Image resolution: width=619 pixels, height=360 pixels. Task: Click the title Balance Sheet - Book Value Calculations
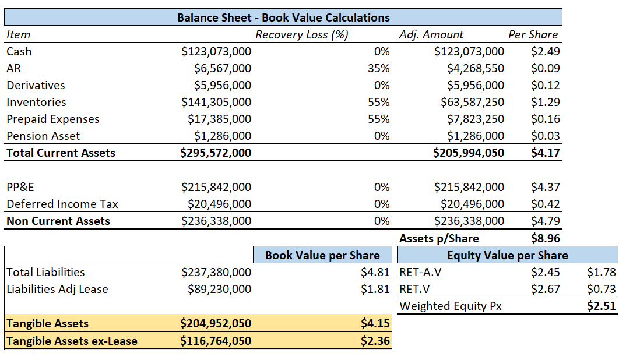pos(283,17)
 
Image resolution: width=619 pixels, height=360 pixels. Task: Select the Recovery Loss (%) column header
pos(301,34)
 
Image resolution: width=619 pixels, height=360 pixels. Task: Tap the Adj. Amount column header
pos(431,34)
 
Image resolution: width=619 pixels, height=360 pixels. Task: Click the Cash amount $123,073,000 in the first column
pos(216,51)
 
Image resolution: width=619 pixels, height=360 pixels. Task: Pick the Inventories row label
pos(36,102)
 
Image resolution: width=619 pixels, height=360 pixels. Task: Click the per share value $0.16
pos(545,119)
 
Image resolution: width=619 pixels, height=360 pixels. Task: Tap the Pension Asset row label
pos(43,136)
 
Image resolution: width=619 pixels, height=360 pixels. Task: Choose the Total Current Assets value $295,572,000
pos(216,153)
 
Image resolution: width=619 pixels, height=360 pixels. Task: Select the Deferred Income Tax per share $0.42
pos(545,204)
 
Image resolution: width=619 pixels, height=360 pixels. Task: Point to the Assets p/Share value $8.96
pos(545,238)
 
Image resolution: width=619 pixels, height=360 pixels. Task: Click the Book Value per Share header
pos(322,255)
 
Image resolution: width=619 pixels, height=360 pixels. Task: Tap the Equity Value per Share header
pos(507,255)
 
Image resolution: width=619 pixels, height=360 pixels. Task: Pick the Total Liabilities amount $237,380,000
pos(216,272)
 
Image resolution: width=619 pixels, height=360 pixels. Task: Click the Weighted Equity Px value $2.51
pos(602,306)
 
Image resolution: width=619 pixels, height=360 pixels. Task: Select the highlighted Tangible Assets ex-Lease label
pos(72,341)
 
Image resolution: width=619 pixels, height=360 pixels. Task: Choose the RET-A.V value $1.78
pos(602,272)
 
